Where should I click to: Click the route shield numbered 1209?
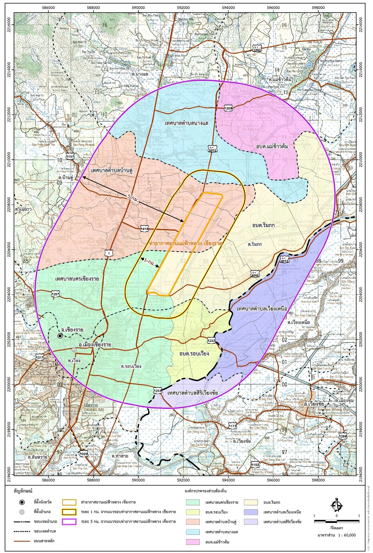coord(228,108)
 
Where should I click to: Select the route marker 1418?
coord(144,229)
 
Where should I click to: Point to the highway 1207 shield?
coord(55,294)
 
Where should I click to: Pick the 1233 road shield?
coord(157,391)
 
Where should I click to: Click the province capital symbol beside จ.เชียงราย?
coord(60,336)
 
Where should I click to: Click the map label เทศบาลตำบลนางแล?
coord(186,123)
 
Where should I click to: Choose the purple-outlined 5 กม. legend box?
coord(69,521)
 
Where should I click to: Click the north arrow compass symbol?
coord(336,505)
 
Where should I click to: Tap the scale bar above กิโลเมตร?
coord(337,521)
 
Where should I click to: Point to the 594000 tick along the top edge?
coord(228,8)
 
